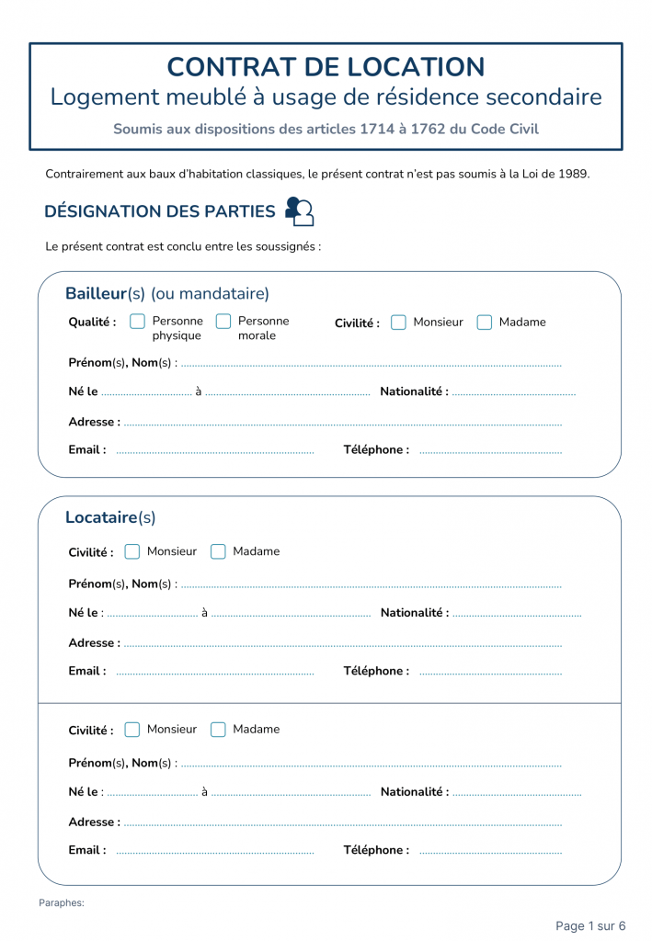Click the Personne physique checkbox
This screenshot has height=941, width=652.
[x=138, y=322]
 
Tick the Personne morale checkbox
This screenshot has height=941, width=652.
[x=223, y=322]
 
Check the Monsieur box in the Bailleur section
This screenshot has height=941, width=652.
[x=398, y=323]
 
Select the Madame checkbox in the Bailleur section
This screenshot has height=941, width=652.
[x=485, y=323]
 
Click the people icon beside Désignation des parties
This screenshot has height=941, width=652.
[x=299, y=211]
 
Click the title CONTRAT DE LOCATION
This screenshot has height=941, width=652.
[x=326, y=67]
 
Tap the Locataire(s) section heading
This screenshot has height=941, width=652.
[x=110, y=517]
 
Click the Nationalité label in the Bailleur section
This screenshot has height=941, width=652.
[x=414, y=391]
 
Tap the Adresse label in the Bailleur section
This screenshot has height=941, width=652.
[x=94, y=422]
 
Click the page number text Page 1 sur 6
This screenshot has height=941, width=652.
[x=590, y=925]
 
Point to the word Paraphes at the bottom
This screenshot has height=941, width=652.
[x=62, y=903]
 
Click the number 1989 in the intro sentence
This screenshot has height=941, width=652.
[x=573, y=174]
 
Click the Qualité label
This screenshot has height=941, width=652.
[x=92, y=323]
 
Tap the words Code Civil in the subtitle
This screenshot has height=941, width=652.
[x=505, y=129]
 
